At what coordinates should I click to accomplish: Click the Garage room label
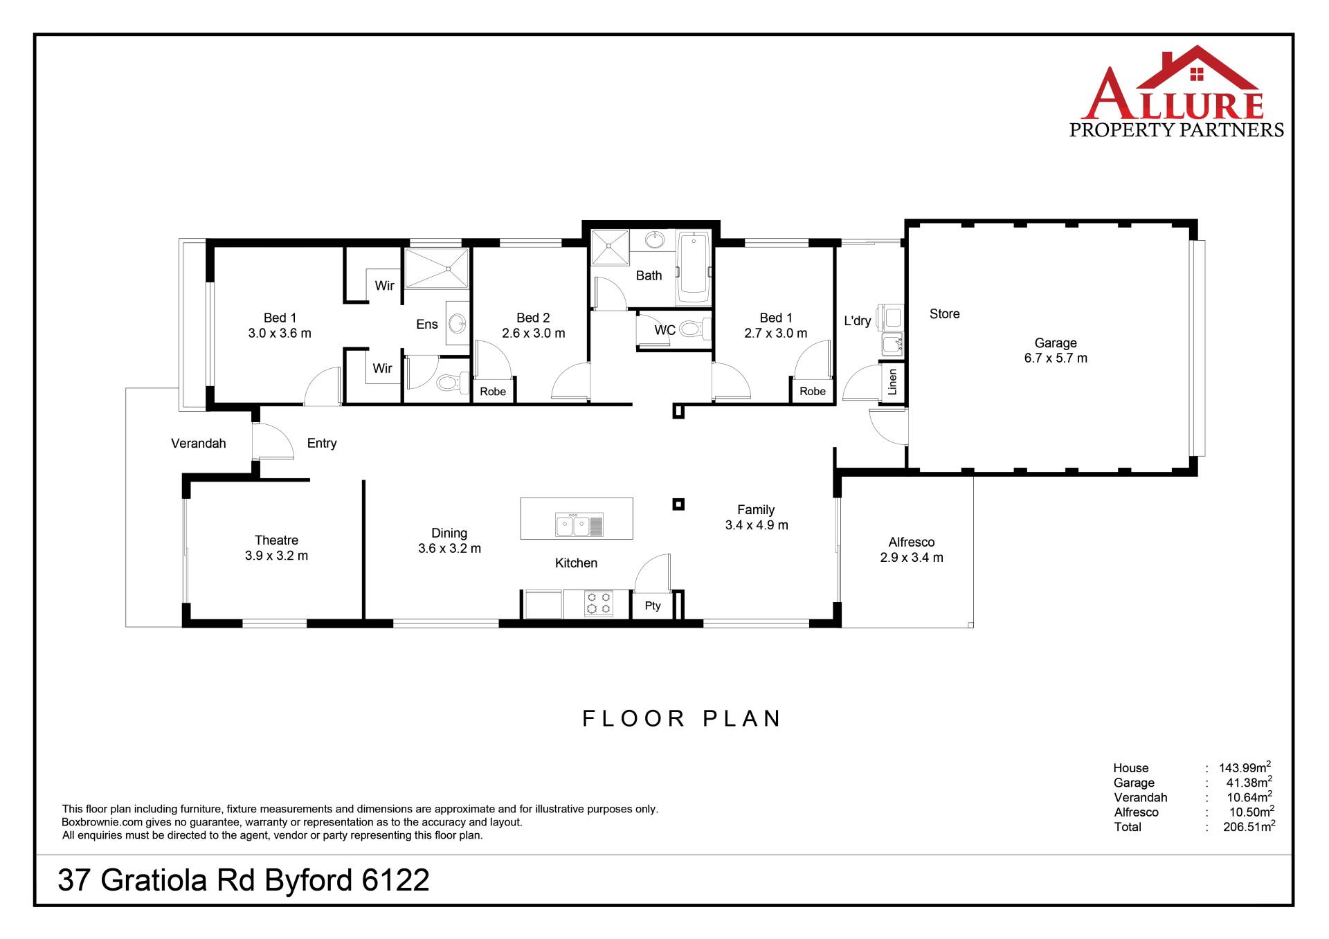[1056, 343]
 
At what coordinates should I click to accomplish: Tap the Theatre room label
[276, 540]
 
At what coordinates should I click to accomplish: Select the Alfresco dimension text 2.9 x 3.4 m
[912, 558]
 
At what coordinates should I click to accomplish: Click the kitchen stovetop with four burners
[599, 603]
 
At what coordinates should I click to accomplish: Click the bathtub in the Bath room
[694, 266]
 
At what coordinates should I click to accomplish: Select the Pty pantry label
[653, 605]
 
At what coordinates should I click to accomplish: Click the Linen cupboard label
[893, 382]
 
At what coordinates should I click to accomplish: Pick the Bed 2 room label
[533, 318]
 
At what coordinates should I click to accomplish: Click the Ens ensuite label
[427, 324]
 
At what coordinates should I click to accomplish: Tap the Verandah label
[199, 444]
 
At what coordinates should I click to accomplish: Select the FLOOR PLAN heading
[682, 718]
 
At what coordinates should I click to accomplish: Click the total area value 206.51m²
[1249, 826]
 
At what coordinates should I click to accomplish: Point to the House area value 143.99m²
[1245, 767]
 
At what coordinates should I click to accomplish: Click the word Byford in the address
[309, 881]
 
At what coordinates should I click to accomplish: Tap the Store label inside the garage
[945, 313]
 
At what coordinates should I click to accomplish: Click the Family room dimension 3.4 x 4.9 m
[757, 525]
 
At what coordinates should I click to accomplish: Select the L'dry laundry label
[858, 321]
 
